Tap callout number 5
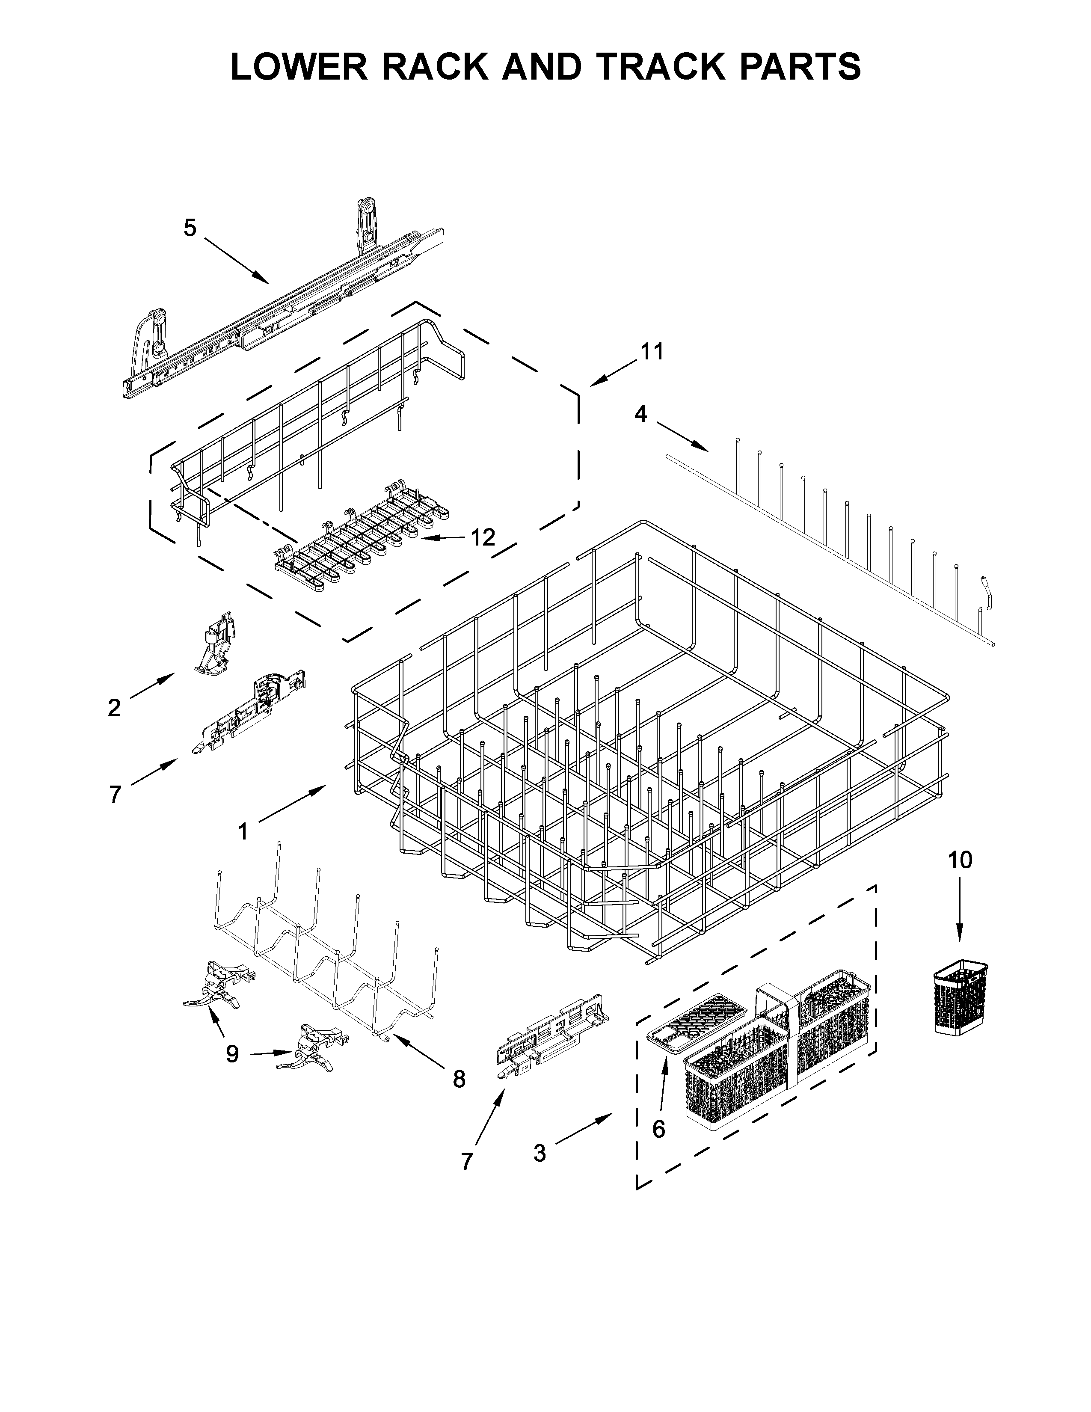(x=190, y=228)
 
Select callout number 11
(x=652, y=352)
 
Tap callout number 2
(x=114, y=708)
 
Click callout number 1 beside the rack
(x=243, y=831)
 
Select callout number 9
(x=232, y=1054)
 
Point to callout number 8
(x=459, y=1078)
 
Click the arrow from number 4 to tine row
(x=682, y=436)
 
